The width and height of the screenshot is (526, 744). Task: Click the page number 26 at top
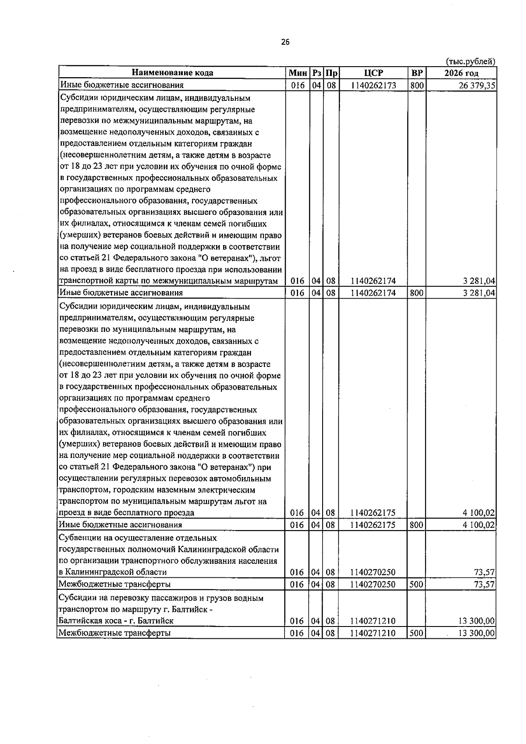point(285,42)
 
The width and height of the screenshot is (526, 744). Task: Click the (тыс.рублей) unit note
point(470,61)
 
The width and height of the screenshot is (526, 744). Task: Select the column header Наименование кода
point(173,73)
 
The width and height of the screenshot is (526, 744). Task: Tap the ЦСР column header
point(373,73)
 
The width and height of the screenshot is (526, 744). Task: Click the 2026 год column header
point(461,73)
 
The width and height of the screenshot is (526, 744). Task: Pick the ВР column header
point(416,73)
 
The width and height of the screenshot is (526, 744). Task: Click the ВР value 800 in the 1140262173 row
point(416,85)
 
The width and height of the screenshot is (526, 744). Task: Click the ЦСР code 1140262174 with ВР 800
point(373,293)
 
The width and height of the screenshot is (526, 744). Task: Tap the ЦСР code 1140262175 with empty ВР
point(373,513)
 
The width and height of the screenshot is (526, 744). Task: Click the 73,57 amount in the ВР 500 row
point(485,584)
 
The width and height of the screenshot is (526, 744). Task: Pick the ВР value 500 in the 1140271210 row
point(416,633)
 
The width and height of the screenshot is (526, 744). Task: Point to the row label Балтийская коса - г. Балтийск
point(116,621)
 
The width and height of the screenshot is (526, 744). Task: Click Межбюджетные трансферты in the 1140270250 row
point(114,584)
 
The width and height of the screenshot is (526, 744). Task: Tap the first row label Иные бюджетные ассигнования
point(121,85)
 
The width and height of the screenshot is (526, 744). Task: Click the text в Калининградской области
point(113,572)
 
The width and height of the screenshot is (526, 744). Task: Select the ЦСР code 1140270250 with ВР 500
point(373,584)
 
